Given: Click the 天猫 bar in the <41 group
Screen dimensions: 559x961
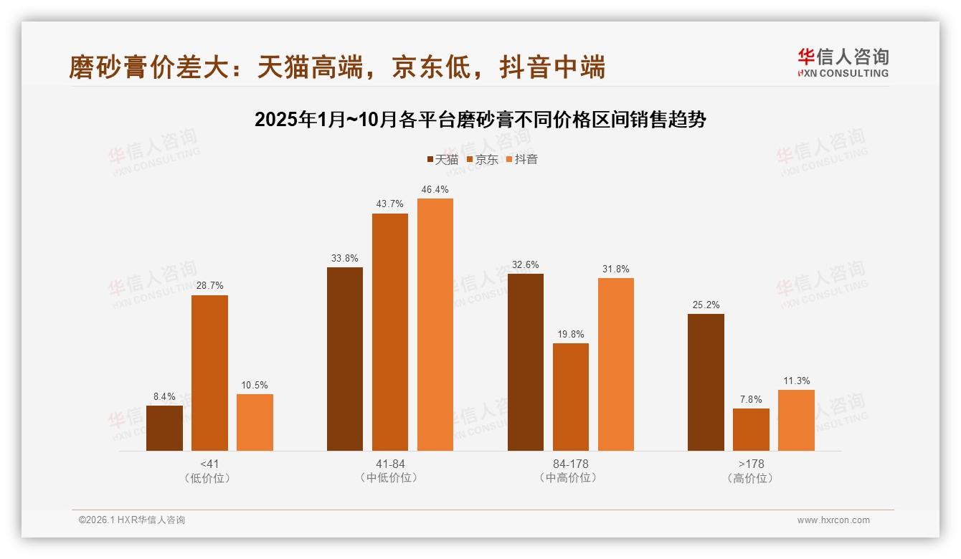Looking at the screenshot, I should [x=164, y=428].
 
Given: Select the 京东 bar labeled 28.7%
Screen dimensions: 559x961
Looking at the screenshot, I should [x=209, y=373].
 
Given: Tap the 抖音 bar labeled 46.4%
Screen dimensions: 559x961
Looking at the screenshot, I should [x=435, y=325].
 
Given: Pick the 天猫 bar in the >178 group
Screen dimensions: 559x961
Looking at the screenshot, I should [x=706, y=382].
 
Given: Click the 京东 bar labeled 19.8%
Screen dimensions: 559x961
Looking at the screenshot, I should [x=571, y=397].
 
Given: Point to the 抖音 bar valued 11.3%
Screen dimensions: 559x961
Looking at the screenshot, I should [x=796, y=420].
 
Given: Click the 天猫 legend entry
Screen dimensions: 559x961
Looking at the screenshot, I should [x=442, y=159].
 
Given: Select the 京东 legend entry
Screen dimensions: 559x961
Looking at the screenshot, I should [x=483, y=159].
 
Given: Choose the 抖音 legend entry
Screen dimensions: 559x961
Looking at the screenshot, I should [x=522, y=159].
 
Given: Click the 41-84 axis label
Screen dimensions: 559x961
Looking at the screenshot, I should [x=390, y=464].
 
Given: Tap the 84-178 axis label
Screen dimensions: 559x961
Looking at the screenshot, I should [x=571, y=464].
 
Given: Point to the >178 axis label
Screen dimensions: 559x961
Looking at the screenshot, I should [x=751, y=464].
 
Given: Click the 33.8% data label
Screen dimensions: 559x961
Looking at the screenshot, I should [x=345, y=258].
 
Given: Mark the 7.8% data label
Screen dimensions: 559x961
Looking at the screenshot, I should [x=751, y=399].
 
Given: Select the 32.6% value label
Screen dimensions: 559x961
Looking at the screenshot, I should [x=526, y=264].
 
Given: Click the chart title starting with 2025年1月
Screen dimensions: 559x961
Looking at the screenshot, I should [x=480, y=120].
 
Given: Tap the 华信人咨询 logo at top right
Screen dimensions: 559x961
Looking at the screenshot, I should [x=843, y=62].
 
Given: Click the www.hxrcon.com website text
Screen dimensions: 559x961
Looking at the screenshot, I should [x=833, y=520].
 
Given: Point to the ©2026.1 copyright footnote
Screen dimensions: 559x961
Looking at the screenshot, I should [x=132, y=520].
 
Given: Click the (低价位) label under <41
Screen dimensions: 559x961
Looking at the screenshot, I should [x=209, y=478].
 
